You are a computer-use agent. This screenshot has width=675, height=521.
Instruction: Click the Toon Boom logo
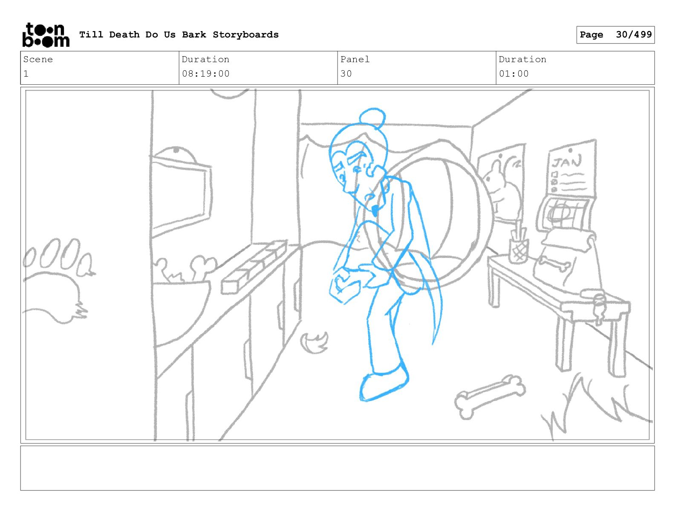(x=46, y=35)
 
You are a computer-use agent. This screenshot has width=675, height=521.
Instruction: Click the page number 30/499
(x=634, y=34)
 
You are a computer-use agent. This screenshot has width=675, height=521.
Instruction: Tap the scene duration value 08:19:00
(x=206, y=74)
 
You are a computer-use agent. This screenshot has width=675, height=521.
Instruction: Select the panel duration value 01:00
(x=514, y=74)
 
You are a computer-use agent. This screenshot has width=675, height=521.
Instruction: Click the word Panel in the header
(x=355, y=59)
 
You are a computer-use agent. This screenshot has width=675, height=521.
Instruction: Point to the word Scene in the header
(x=38, y=59)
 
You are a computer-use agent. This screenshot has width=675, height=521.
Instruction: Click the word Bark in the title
(x=194, y=34)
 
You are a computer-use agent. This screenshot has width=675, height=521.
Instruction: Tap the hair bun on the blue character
(x=372, y=117)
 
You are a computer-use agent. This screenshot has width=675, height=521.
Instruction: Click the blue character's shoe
(x=384, y=384)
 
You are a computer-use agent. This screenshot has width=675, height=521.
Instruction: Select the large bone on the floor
(x=490, y=397)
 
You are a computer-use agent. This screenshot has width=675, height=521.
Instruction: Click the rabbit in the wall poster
(x=502, y=189)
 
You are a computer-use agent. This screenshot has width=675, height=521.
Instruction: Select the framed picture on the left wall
(x=180, y=195)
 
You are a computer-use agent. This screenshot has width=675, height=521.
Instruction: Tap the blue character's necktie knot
(x=375, y=211)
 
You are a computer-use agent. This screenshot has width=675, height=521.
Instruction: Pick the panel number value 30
(x=346, y=74)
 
